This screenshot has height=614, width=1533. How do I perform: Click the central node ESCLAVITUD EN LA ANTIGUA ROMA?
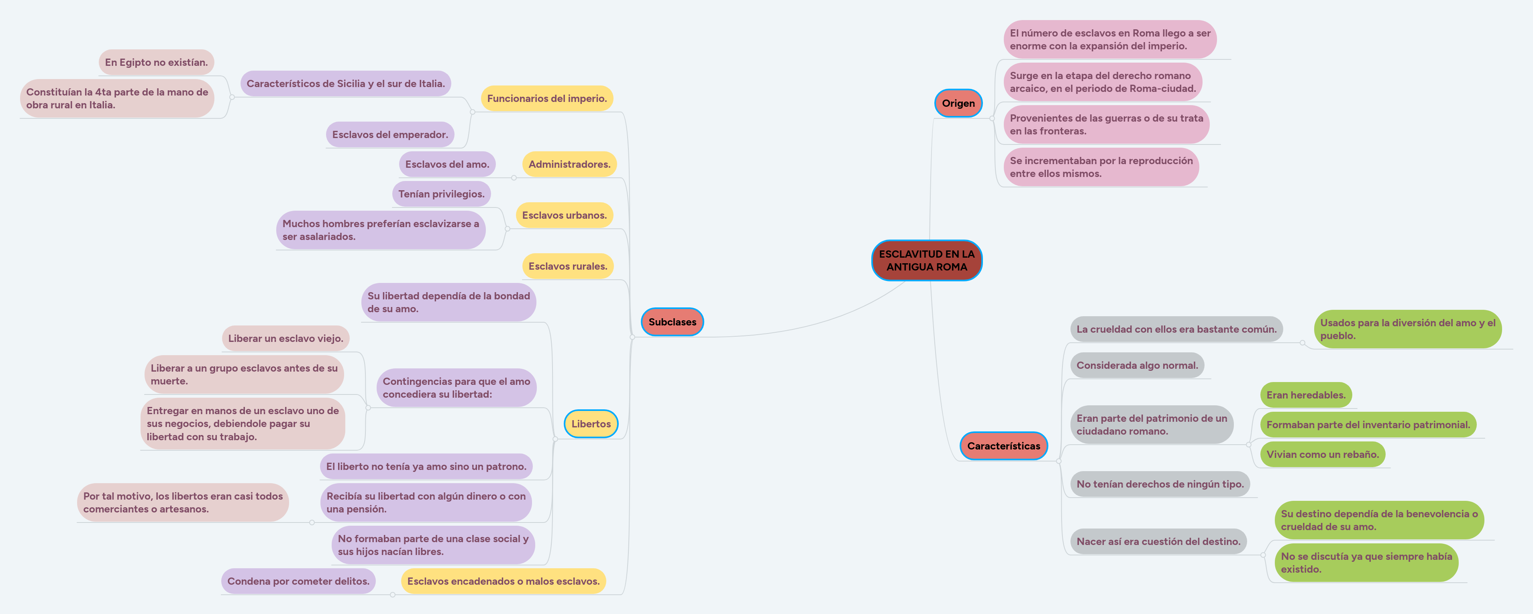927,260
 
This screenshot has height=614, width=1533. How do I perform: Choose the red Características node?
1003,445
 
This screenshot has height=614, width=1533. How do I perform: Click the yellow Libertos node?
591,424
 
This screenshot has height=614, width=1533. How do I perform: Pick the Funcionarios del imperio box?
546,99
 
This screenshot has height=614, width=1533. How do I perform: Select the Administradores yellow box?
569,164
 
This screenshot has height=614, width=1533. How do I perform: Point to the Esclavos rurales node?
568,266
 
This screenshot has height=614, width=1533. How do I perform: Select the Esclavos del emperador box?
390,134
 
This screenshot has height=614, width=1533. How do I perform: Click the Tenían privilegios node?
441,194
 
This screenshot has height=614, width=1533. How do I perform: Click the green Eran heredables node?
1306,395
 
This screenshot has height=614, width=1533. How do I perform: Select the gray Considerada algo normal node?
1137,365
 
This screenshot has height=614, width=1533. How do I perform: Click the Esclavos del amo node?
447,164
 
